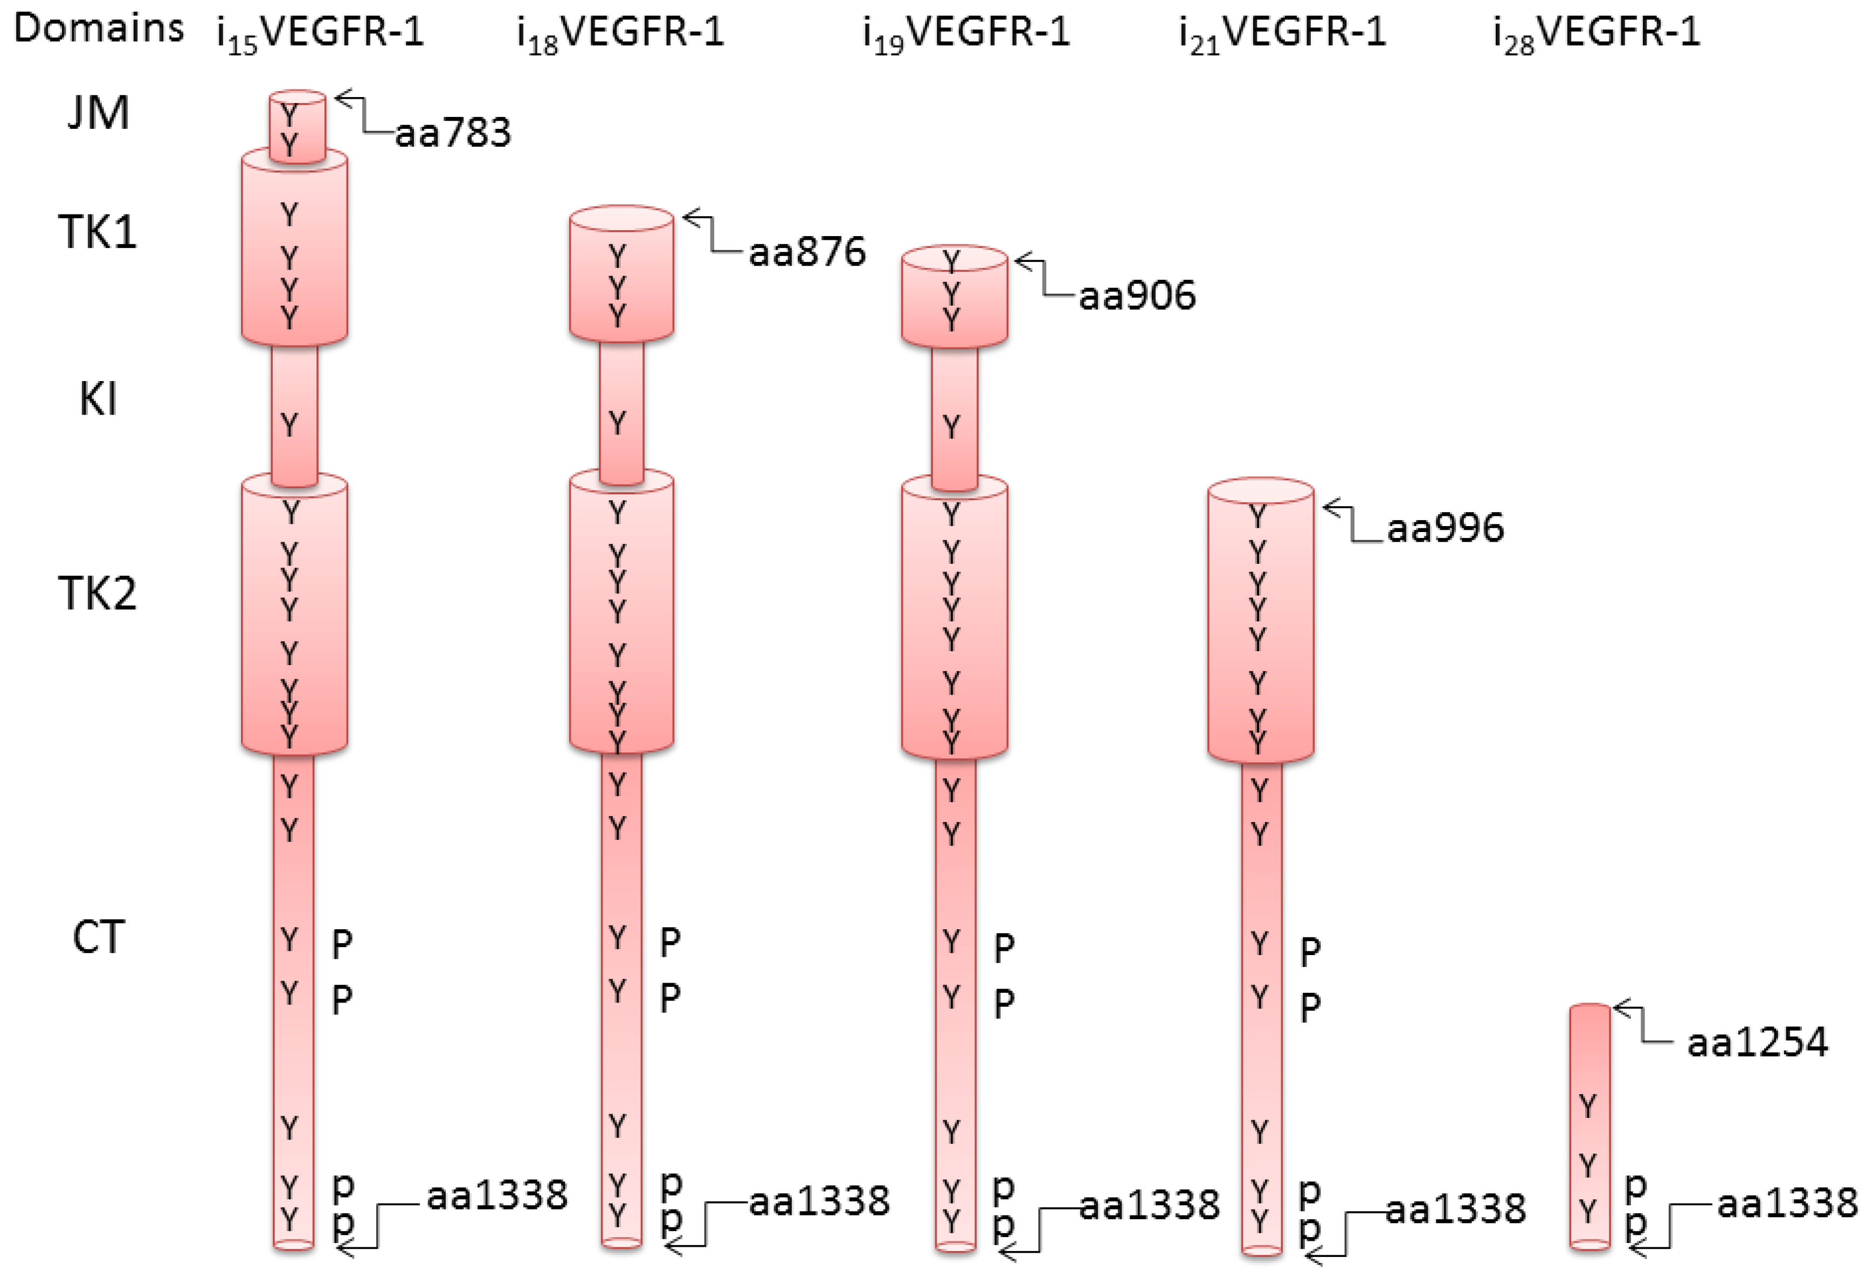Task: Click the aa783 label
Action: point(453,133)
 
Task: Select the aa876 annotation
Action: point(807,252)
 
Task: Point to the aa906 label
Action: point(1137,295)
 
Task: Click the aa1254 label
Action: point(1757,1042)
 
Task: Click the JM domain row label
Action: point(98,113)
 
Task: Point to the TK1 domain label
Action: point(98,233)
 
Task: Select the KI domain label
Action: point(98,399)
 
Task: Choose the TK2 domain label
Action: point(98,594)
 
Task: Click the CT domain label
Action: point(98,937)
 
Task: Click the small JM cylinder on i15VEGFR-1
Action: point(297,127)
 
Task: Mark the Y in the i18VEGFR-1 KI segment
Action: point(617,423)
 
